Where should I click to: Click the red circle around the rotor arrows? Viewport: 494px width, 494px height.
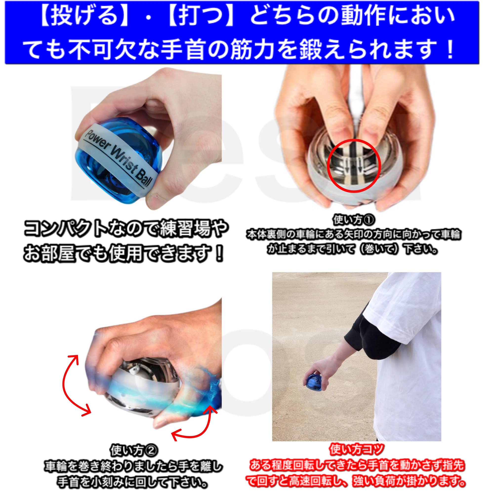click(354, 166)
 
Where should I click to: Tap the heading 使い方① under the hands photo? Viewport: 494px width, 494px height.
click(354, 220)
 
